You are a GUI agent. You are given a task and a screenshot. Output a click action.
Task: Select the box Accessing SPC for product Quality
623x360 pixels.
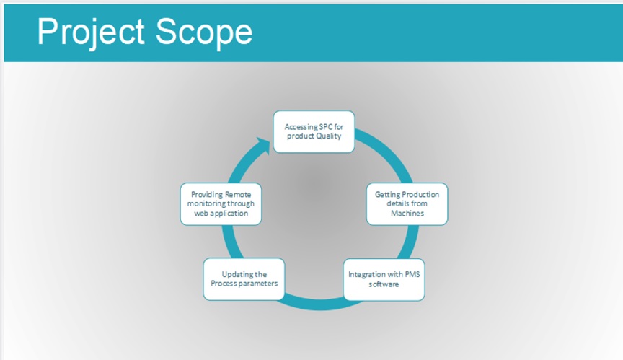pyautogui.click(x=313, y=131)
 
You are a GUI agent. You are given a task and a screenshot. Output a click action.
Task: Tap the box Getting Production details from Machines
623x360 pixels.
pyautogui.click(x=407, y=203)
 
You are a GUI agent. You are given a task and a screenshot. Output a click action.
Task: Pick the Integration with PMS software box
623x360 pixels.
pyautogui.click(x=383, y=279)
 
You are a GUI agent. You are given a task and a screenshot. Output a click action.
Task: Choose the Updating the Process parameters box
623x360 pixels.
pyautogui.click(x=244, y=278)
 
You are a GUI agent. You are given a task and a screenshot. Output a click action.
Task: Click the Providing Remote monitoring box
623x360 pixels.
pyautogui.click(x=219, y=203)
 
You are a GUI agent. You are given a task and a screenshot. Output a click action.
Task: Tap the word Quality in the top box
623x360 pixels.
pyautogui.click(x=327, y=136)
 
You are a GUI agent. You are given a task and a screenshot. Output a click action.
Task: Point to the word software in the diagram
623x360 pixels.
pyautogui.click(x=384, y=284)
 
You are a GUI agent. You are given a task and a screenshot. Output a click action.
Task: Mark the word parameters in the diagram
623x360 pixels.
pyautogui.click(x=256, y=284)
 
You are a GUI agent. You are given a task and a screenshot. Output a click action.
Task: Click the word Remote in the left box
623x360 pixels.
pyautogui.click(x=239, y=195)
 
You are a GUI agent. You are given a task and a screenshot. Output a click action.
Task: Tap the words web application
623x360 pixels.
pyautogui.click(x=220, y=214)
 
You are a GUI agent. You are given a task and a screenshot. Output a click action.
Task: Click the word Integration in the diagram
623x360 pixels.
pyautogui.click(x=366, y=275)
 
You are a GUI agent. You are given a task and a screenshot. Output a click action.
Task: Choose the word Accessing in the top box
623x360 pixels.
pyautogui.click(x=300, y=127)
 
